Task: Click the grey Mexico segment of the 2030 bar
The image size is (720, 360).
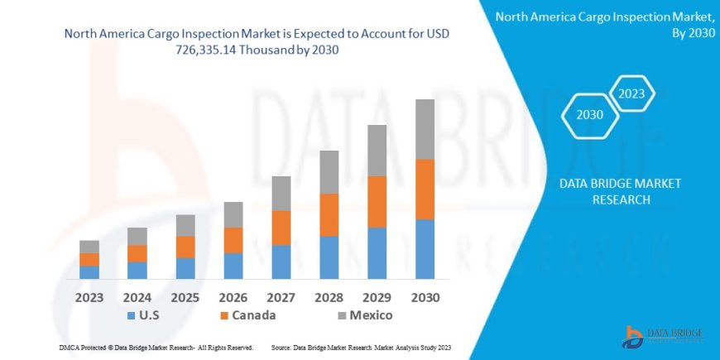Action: pyautogui.click(x=425, y=129)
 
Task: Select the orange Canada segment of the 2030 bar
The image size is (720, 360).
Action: pyautogui.click(x=425, y=189)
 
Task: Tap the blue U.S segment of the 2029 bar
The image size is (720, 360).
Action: pyautogui.click(x=377, y=252)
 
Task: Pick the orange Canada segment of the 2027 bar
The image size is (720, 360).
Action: pyautogui.click(x=281, y=228)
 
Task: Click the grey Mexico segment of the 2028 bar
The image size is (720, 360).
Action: pyautogui.click(x=329, y=172)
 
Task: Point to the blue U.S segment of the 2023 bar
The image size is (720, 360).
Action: pyautogui.click(x=89, y=272)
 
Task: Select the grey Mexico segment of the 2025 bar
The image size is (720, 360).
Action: pyautogui.click(x=185, y=225)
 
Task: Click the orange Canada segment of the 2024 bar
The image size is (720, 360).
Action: pyautogui.click(x=137, y=253)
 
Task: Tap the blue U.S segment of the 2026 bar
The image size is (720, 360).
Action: pyautogui.click(x=233, y=266)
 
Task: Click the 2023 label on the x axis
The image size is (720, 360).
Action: pyautogui.click(x=89, y=297)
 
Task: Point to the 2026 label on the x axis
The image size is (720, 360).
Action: pyautogui.click(x=233, y=297)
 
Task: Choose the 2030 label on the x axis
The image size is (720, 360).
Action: pyautogui.click(x=425, y=297)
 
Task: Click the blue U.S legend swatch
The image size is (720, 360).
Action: pyautogui.click(x=132, y=316)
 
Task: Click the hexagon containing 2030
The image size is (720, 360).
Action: pyautogui.click(x=589, y=115)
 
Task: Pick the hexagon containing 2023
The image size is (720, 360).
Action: pyautogui.click(x=631, y=94)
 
